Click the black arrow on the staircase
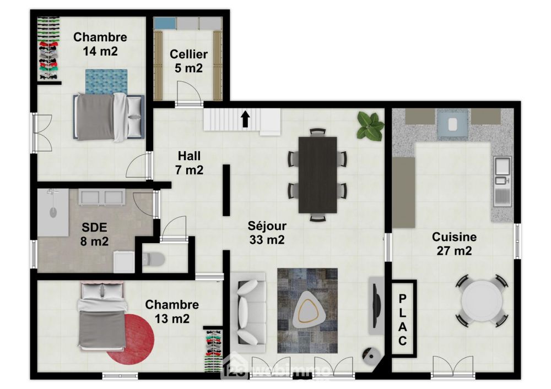[x=245, y=119]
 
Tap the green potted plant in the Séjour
[x=370, y=127]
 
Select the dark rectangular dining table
[x=318, y=175]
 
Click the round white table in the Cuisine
[x=482, y=300]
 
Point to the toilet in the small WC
[x=154, y=259]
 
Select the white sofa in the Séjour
[x=249, y=312]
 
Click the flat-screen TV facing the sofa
[x=376, y=305]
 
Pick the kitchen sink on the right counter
[x=502, y=182]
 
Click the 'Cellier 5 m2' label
[x=188, y=61]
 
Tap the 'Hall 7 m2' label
[x=190, y=163]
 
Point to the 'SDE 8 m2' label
[x=94, y=234]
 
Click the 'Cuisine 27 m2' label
[x=454, y=244]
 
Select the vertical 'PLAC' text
[x=403, y=320]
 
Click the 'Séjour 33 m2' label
[x=267, y=233]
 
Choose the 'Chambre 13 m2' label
[x=172, y=311]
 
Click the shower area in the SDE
[x=53, y=212]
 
